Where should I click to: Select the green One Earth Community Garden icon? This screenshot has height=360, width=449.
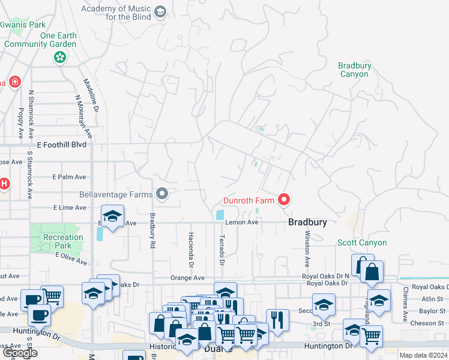click(x=59, y=57)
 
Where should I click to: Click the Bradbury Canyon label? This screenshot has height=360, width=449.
click(x=354, y=70)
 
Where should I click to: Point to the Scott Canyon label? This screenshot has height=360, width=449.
click(x=361, y=243)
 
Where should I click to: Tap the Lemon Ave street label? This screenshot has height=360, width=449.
click(x=241, y=222)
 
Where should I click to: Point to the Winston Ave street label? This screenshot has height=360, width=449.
click(x=307, y=248)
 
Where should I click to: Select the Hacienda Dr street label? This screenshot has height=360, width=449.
click(x=191, y=249)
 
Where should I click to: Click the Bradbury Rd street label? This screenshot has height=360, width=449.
click(x=152, y=230)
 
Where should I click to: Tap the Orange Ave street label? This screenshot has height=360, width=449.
click(x=187, y=278)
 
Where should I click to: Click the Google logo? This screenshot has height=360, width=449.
click(x=19, y=353)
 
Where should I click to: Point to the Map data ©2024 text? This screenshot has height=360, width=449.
click(x=423, y=355)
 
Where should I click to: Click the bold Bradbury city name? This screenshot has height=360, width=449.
click(x=307, y=222)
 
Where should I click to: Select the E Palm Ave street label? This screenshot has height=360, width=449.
click(x=69, y=177)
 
